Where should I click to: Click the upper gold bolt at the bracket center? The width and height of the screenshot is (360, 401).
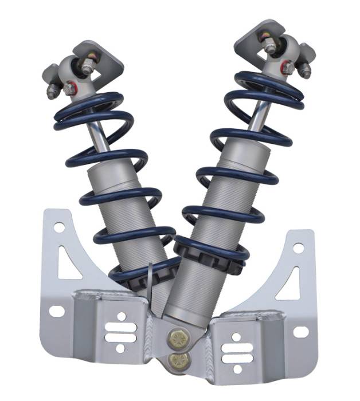(x=174, y=337)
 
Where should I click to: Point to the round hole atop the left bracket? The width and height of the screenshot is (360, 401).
(x=59, y=227)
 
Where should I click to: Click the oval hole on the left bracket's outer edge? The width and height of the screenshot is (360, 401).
(x=57, y=311)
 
